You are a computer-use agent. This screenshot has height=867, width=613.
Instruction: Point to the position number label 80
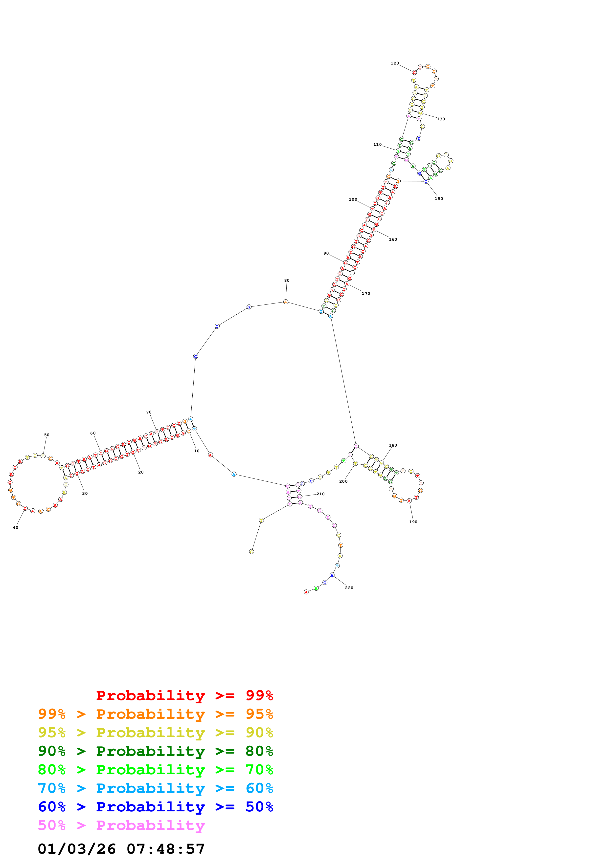287,281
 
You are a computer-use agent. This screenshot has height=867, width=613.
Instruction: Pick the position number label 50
47,435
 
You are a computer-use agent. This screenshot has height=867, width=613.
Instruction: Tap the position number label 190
413,522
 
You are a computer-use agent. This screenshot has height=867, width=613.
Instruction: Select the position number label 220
349,588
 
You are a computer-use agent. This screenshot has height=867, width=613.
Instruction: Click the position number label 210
320,494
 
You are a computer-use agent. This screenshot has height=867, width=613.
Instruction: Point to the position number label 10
197,451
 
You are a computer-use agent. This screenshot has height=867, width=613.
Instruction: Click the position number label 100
353,200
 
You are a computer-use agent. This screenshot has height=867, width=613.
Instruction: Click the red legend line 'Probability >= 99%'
184,695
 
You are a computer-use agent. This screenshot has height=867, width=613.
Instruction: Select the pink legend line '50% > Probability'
121,825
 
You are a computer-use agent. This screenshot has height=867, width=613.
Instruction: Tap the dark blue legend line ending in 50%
155,807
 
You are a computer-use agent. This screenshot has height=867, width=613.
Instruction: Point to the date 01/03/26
77,849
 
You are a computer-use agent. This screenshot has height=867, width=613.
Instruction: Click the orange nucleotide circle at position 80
286,302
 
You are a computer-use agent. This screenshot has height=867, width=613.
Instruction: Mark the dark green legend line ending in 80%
155,751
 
